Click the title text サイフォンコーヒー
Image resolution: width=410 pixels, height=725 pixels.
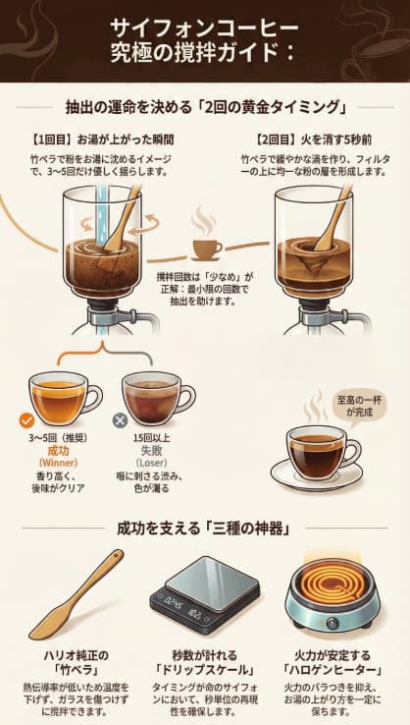pyautogui.click(x=204, y=27)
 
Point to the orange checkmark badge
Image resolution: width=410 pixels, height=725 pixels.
pyautogui.click(x=26, y=419)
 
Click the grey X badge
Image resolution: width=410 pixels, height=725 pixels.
pyautogui.click(x=121, y=419)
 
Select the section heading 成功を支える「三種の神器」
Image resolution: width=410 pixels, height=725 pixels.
pyautogui.click(x=204, y=529)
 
